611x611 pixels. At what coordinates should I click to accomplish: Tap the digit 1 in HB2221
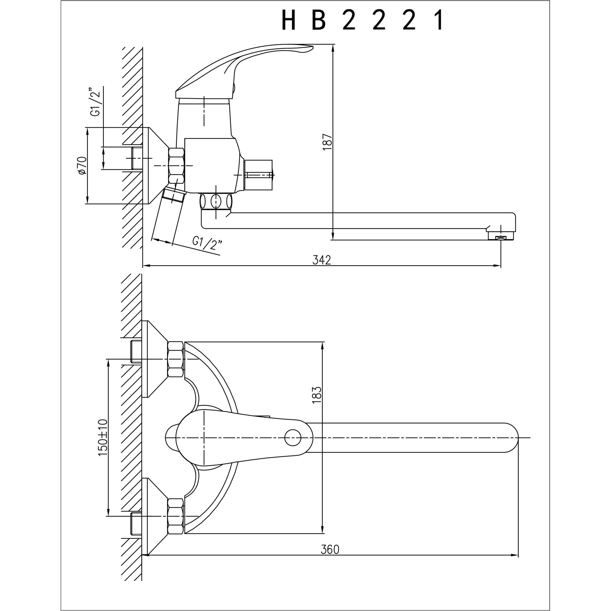click(439, 20)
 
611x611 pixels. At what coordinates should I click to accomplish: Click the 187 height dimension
click(327, 142)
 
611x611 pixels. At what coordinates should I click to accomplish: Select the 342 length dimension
click(322, 260)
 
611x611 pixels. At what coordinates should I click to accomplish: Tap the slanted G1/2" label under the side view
click(207, 243)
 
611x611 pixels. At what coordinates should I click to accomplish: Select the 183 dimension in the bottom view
click(316, 395)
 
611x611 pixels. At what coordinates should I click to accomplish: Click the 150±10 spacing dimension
click(103, 437)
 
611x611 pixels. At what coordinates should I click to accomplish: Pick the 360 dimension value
click(330, 550)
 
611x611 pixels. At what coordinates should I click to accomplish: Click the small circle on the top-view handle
click(293, 438)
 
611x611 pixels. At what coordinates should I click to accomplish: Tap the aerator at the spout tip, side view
click(501, 236)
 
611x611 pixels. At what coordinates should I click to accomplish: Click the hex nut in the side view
click(177, 166)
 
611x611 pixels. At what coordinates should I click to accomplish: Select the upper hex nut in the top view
click(176, 359)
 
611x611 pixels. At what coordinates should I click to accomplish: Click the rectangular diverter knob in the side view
click(258, 175)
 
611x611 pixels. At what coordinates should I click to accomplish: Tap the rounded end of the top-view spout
click(510, 438)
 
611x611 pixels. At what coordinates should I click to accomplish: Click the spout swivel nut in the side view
click(216, 201)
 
